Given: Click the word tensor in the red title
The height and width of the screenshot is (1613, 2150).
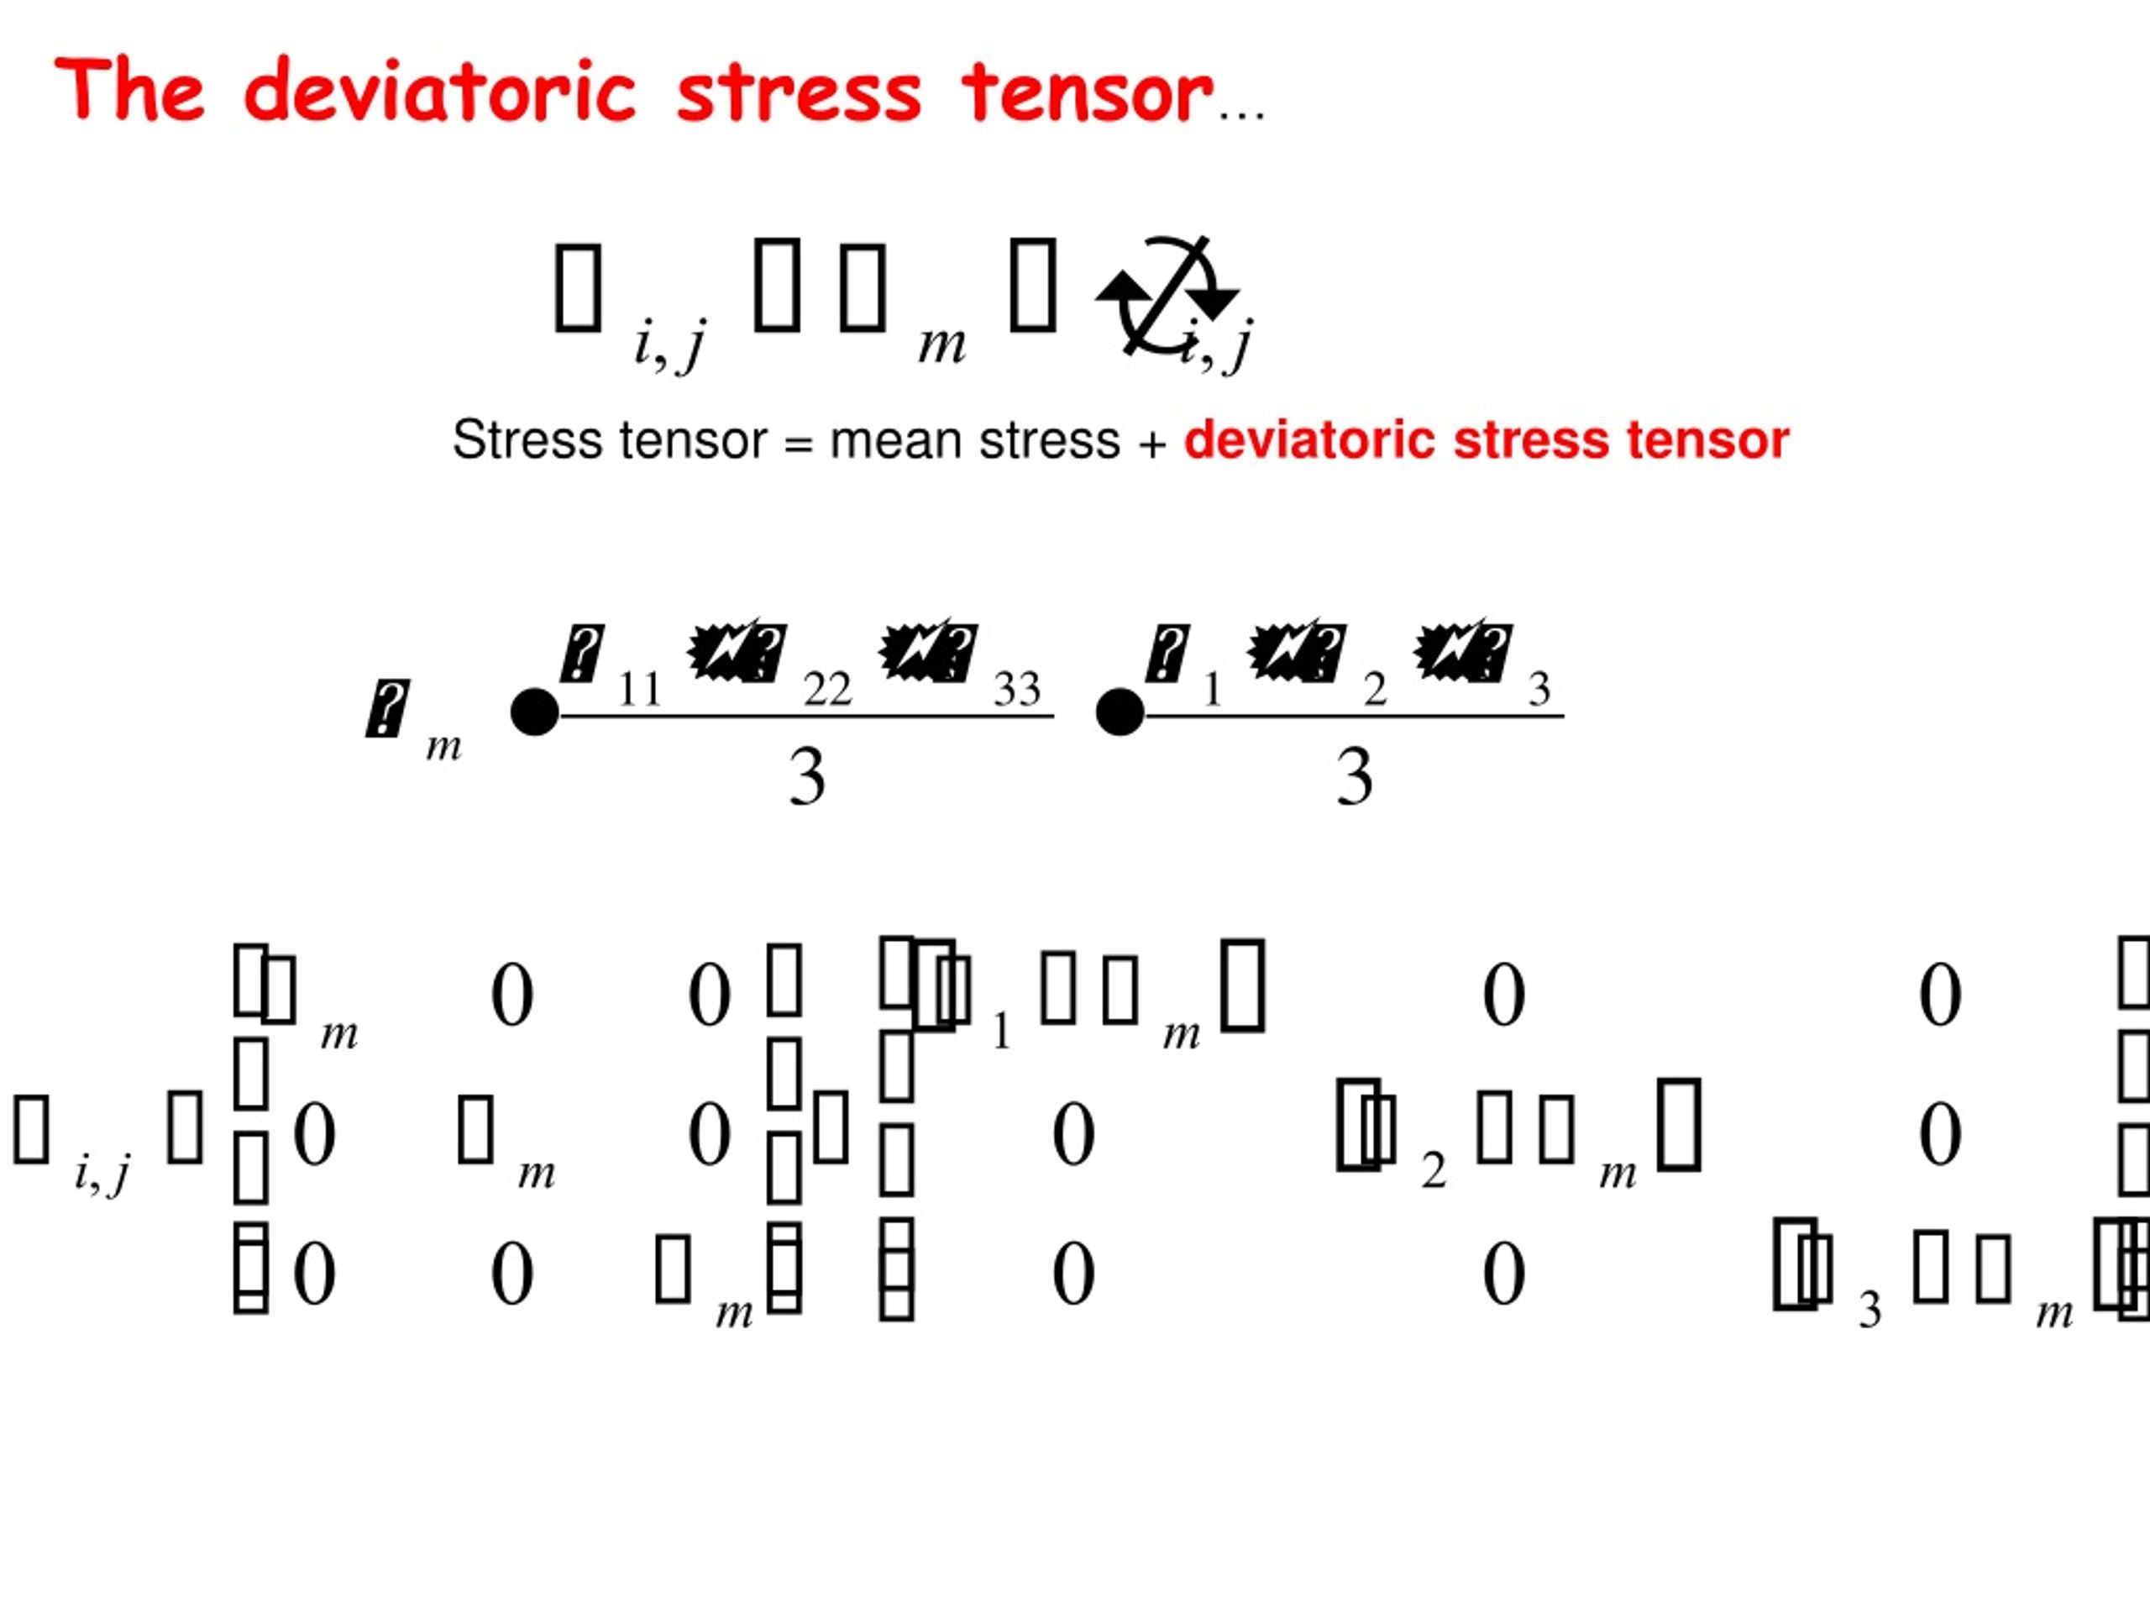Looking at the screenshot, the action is coord(1087,92).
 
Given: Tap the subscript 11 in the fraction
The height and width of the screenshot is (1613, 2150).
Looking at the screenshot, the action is coord(640,691).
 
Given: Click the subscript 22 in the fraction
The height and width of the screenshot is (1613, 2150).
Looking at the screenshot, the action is coord(827,691).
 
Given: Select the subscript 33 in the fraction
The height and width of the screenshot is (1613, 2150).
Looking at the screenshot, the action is coord(1017,691).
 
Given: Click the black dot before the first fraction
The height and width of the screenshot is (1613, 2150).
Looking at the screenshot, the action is coord(535,712).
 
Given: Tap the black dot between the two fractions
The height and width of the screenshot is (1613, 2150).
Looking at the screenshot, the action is coord(1120,712).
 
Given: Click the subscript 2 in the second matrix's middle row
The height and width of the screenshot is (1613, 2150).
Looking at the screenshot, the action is coord(1433,1170).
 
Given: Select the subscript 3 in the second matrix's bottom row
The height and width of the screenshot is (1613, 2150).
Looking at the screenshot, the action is coord(1870,1311).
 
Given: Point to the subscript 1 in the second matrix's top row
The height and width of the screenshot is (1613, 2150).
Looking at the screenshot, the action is coord(1002,1032).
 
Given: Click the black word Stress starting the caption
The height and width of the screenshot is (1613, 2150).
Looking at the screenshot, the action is coord(525,440).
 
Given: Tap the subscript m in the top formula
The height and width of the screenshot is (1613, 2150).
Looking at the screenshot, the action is coord(941,344).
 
